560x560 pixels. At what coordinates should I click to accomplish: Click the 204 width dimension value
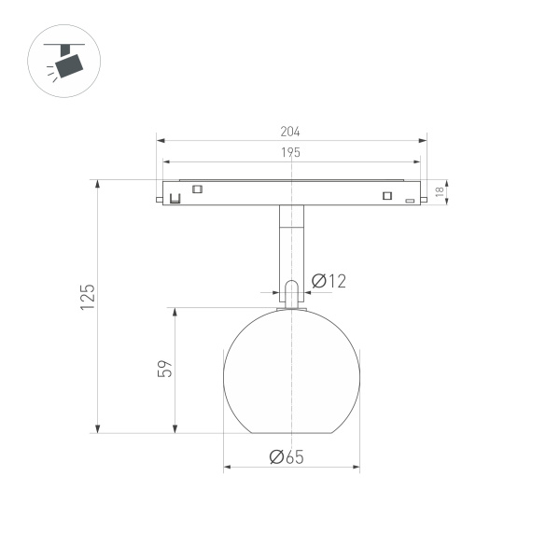[291, 132]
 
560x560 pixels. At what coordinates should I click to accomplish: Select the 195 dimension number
[290, 152]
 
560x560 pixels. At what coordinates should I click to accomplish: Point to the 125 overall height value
[87, 297]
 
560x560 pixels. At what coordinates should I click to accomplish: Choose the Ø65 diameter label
[287, 457]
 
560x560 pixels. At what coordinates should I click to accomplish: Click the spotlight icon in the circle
[65, 63]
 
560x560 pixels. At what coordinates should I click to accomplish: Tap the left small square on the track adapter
[197, 189]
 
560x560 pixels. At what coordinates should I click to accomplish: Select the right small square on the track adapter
[385, 195]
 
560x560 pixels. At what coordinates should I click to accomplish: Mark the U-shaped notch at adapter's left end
[172, 198]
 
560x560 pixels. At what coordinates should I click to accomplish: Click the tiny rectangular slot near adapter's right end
[409, 201]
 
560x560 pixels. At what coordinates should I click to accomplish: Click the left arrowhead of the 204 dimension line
[161, 141]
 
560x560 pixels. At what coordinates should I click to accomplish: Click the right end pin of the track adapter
[424, 197]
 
